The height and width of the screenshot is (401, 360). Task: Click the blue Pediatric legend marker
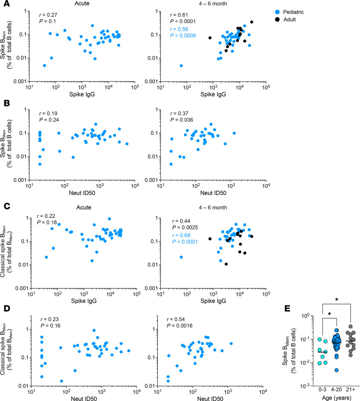coord(278,12)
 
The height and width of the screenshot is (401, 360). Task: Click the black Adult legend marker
coord(278,20)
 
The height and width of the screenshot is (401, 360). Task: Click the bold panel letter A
coord(6,3)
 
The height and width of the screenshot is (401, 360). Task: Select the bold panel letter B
coord(6,103)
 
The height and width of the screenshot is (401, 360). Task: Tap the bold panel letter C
coord(7,206)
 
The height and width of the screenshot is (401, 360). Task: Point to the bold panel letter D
coord(7,308)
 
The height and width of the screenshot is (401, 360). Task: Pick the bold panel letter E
coord(287,308)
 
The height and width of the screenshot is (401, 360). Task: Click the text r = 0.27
coord(48,15)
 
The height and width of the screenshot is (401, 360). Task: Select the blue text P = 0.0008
coord(183,35)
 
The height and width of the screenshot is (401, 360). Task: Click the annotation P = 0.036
coord(182,120)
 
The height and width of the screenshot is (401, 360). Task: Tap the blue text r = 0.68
coord(181,236)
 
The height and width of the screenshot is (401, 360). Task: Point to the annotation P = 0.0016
coord(180,326)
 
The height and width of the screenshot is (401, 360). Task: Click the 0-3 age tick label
coord(323,389)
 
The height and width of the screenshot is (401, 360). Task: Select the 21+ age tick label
coord(350,389)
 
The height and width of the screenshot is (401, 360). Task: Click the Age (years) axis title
coord(337,398)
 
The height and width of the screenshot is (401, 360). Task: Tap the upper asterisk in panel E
coord(337,299)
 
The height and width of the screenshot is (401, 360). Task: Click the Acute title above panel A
coord(82,3)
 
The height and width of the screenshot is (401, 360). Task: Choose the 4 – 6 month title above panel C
coord(213,207)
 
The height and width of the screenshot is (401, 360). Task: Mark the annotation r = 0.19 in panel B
coord(48,113)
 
